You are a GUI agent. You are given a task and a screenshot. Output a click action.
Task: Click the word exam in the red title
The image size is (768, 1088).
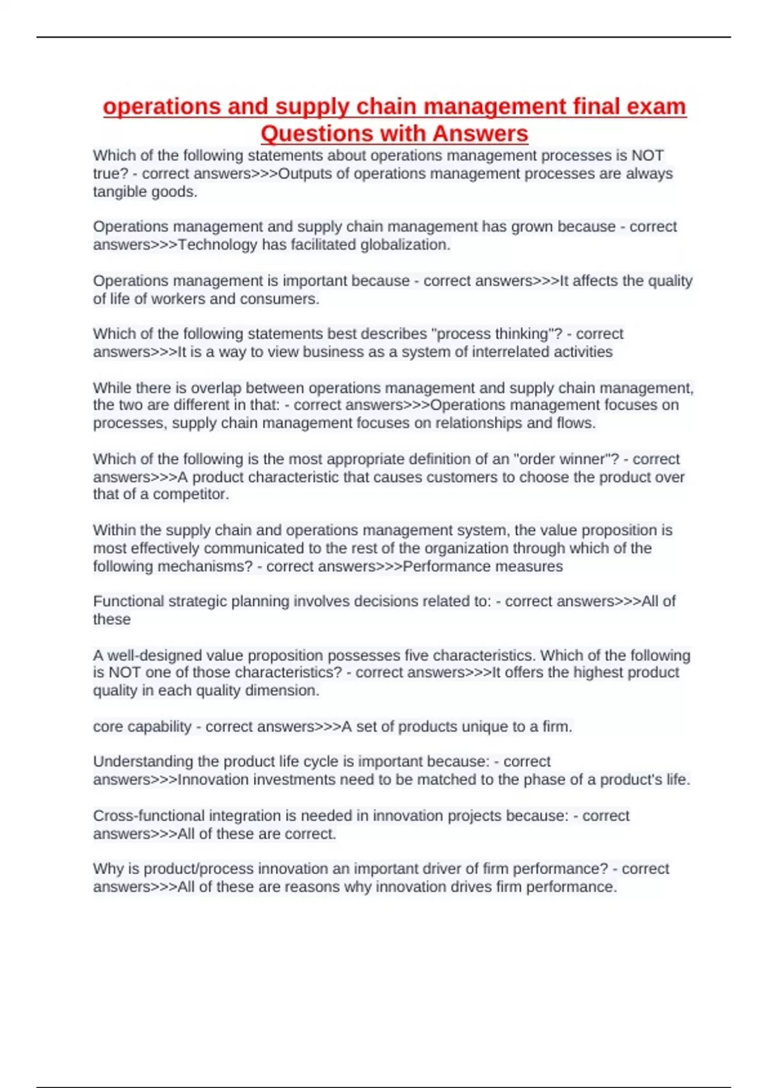658,106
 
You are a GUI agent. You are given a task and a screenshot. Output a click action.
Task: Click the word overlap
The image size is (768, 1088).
216,388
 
